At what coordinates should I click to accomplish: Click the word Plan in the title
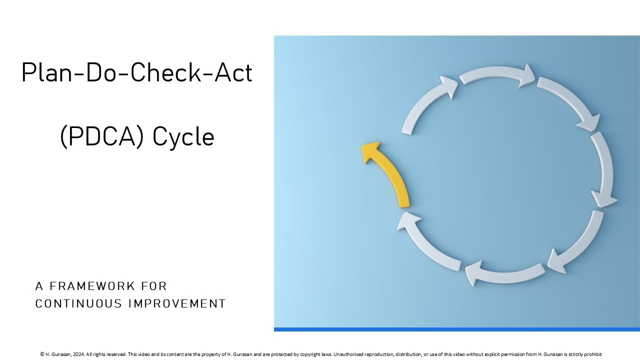pos(44,73)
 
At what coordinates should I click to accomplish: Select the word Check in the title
pos(161,73)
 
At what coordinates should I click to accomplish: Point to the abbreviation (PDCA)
pos(102,136)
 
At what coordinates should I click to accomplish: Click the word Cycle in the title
pos(183,136)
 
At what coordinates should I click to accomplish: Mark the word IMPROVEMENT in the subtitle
pos(177,303)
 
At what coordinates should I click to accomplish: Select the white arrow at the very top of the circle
pos(497,76)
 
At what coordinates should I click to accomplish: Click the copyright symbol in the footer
pos(42,354)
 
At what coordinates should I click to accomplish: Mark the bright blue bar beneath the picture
pos(456,329)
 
